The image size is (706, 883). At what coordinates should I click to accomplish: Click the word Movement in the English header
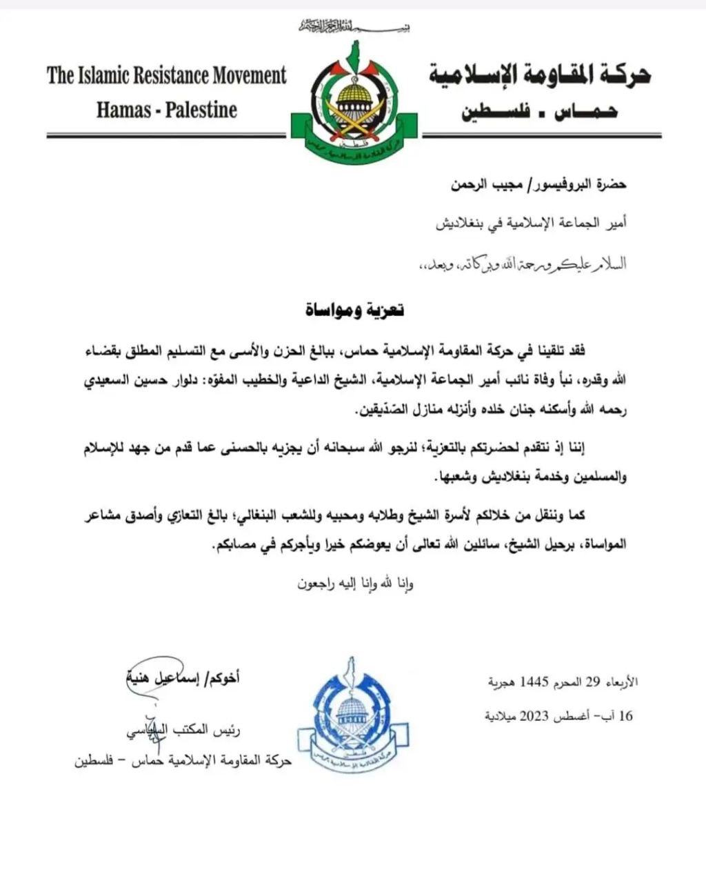coord(245,75)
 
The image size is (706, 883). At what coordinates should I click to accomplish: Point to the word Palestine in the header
coord(201,110)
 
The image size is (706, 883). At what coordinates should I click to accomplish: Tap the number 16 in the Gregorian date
coord(625,716)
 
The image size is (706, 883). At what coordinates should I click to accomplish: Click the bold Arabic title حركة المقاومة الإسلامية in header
coord(539,75)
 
